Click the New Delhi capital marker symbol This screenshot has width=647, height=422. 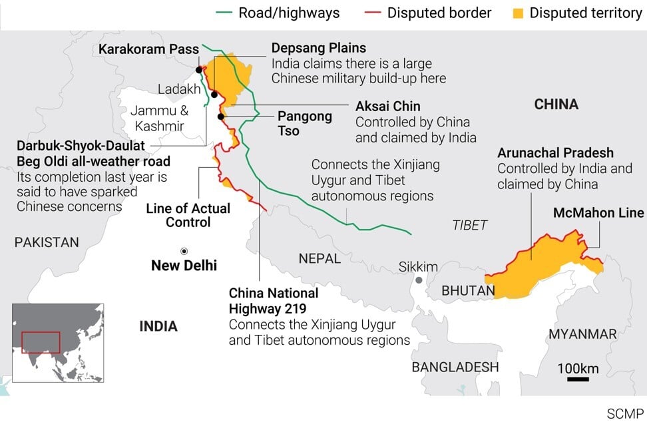tap(184, 251)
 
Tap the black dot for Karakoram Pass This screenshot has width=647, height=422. tap(199, 69)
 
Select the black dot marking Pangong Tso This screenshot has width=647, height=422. tap(220, 116)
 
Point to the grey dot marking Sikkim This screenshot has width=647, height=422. tap(419, 280)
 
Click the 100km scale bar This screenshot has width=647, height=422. tap(578, 379)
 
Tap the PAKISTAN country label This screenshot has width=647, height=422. tap(47, 243)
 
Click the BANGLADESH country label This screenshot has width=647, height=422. tap(455, 367)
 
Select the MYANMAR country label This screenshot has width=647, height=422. tap(584, 334)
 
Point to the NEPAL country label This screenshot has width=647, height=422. tap(320, 258)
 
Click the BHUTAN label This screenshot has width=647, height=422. tap(468, 291)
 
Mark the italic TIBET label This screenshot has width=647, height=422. tap(470, 225)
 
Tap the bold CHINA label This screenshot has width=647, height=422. tap(556, 105)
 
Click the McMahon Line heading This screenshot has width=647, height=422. tap(598, 213)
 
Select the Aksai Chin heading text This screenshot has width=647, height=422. tap(387, 106)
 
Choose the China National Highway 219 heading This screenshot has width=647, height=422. tap(274, 301)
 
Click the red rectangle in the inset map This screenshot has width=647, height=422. tap(41, 342)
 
